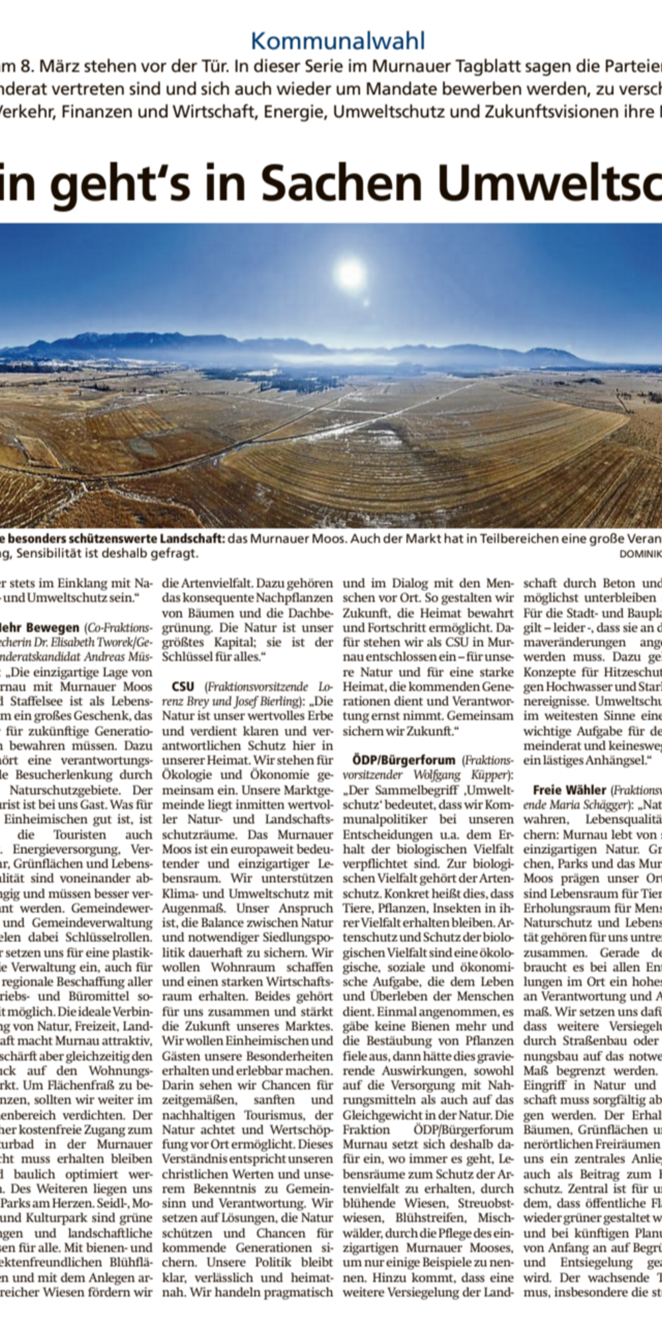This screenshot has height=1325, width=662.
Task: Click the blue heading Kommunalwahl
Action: tap(338, 41)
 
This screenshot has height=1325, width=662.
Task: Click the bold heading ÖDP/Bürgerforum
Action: tap(399, 759)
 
